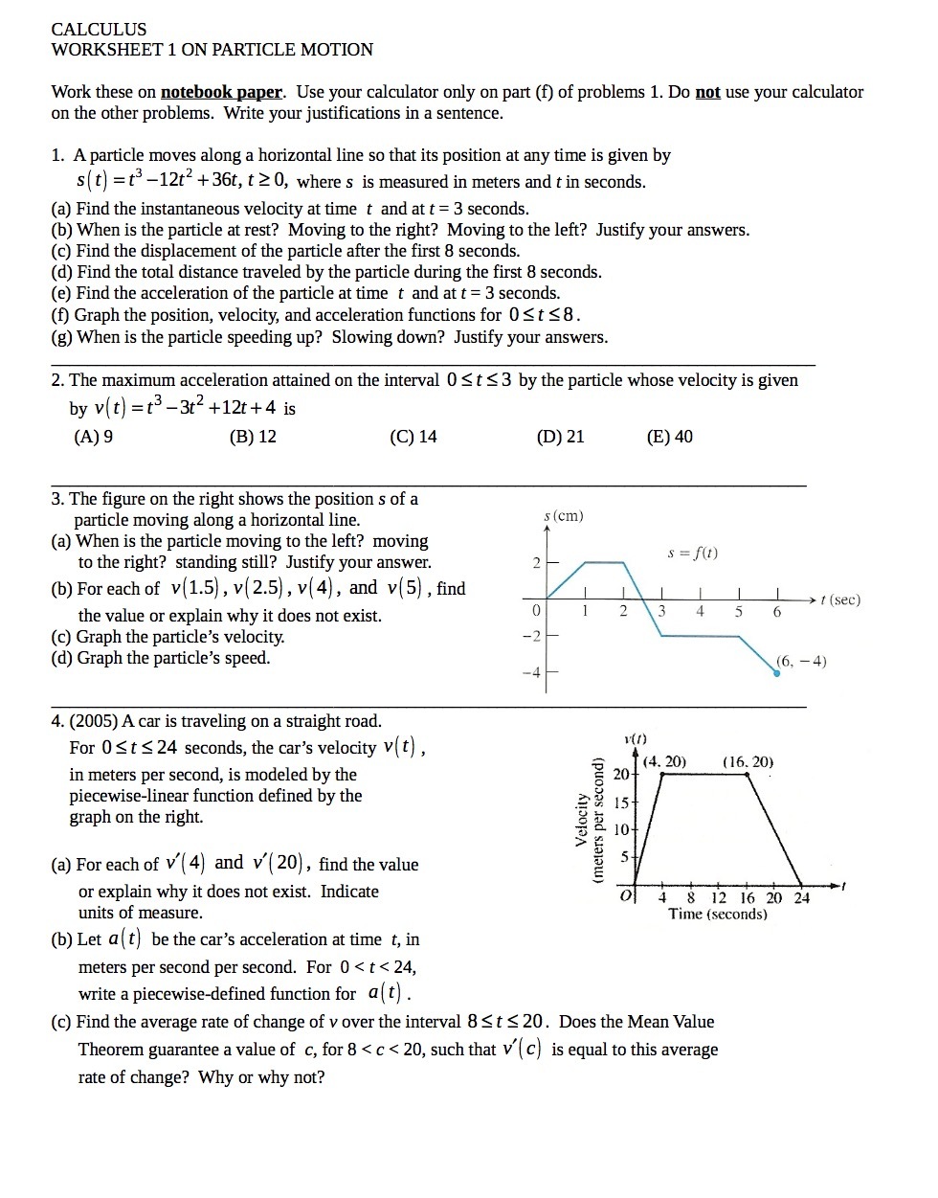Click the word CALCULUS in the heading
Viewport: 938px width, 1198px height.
click(x=99, y=30)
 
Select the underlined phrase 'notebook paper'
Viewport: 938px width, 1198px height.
click(x=221, y=92)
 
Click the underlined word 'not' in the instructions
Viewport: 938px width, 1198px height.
click(x=707, y=92)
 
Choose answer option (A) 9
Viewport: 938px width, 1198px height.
click(x=94, y=437)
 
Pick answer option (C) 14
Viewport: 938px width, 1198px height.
click(x=413, y=437)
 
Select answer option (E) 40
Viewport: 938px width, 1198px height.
click(x=670, y=437)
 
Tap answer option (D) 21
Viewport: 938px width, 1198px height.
click(x=561, y=437)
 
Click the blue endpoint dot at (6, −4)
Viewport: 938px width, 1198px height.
click(x=776, y=673)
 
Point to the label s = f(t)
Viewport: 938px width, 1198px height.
click(x=693, y=553)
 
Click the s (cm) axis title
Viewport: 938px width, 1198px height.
click(x=563, y=516)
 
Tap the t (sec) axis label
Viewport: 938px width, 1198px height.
click(x=840, y=599)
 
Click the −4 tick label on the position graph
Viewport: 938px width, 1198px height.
click(x=531, y=672)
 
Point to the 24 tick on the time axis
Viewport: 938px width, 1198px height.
click(x=802, y=898)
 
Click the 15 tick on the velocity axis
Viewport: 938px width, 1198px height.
click(x=621, y=802)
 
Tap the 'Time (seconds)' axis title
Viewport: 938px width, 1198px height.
click(x=718, y=915)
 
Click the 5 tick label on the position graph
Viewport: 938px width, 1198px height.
click(x=738, y=611)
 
